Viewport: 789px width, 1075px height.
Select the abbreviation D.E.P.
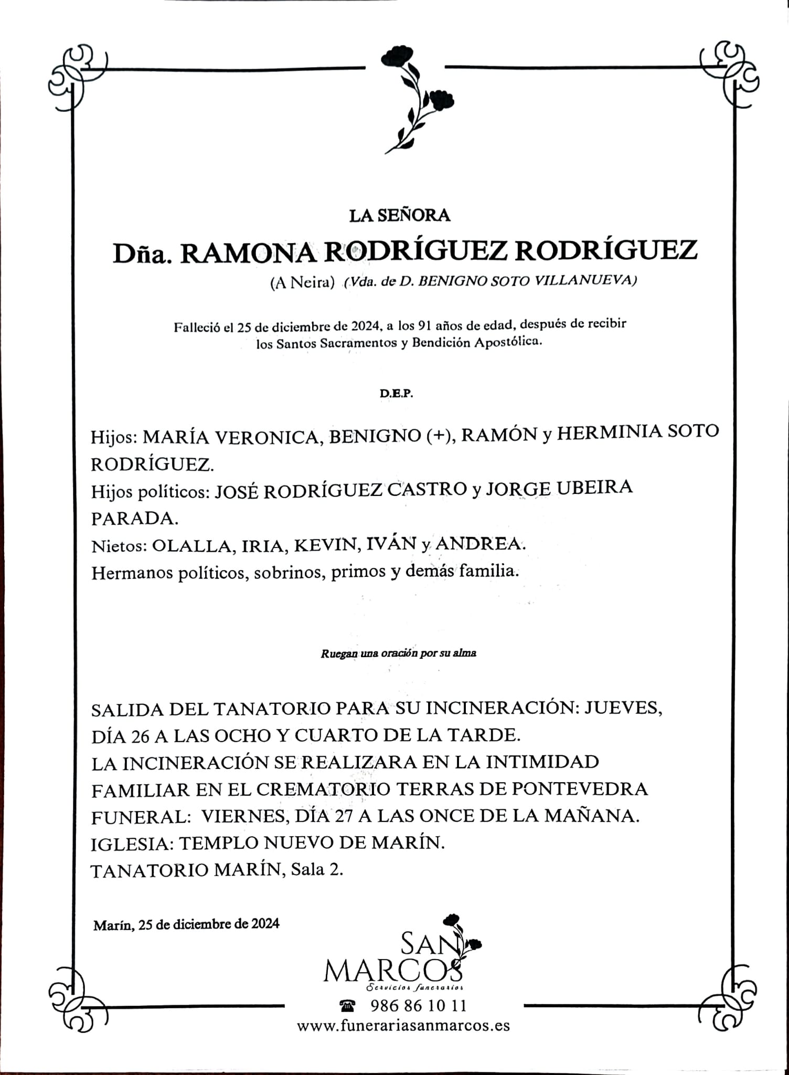[x=397, y=393]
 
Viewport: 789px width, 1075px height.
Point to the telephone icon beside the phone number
[x=347, y=1005]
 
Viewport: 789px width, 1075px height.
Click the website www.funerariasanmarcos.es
[x=403, y=1025]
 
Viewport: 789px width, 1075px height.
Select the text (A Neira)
[x=302, y=283]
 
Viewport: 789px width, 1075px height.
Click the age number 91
[x=423, y=325]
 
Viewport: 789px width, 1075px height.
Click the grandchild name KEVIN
[x=325, y=545]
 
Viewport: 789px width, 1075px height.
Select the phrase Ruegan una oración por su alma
[x=399, y=654]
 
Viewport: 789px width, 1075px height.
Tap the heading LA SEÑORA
[x=392, y=215]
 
